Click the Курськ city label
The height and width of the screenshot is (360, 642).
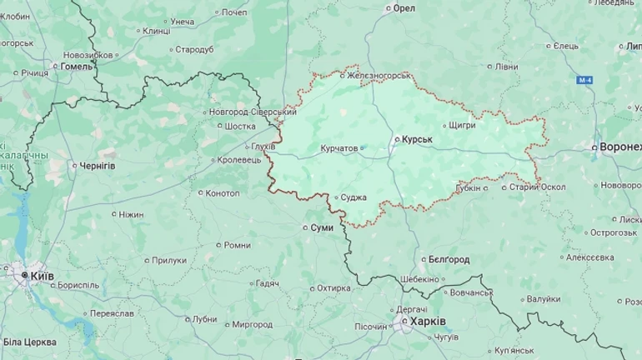click(x=417, y=140)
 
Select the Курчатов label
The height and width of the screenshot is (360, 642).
click(x=339, y=148)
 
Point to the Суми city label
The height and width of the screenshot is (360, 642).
click(x=322, y=227)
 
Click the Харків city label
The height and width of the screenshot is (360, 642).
click(x=429, y=321)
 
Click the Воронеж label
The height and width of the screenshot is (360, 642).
click(x=620, y=147)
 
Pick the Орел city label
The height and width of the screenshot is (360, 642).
click(x=404, y=7)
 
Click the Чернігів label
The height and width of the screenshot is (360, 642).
click(x=97, y=166)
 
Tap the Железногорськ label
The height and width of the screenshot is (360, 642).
click(x=379, y=76)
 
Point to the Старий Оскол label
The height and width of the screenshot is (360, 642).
click(x=537, y=187)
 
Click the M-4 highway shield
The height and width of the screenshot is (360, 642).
click(x=584, y=80)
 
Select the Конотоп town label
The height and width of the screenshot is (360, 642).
click(x=222, y=193)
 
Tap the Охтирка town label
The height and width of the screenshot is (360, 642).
click(x=334, y=288)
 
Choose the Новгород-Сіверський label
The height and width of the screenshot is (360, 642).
click(x=252, y=112)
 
